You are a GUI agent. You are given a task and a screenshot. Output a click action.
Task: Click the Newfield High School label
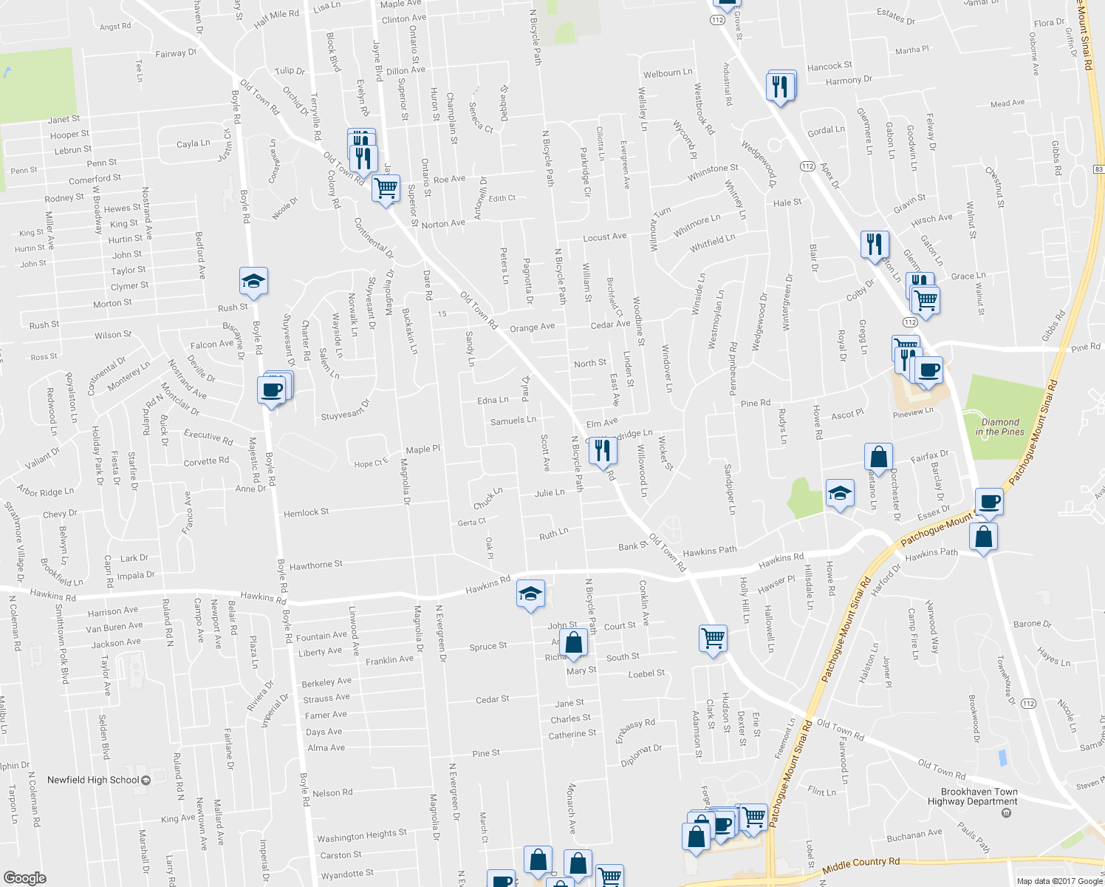click(93, 780)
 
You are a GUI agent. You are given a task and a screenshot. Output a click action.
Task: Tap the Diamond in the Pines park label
click(1000, 426)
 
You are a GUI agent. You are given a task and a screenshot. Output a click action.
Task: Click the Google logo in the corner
click(24, 877)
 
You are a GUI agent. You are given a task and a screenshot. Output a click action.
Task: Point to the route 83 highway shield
click(1099, 169)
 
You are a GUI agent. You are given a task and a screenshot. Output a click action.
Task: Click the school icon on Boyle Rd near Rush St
click(253, 282)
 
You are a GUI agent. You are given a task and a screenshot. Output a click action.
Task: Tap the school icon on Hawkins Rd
click(530, 594)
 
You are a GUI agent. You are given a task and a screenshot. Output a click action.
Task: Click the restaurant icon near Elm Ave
click(603, 450)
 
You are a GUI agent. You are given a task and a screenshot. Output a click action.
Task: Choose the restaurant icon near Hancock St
click(780, 86)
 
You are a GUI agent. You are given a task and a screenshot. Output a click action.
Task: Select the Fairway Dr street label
click(176, 53)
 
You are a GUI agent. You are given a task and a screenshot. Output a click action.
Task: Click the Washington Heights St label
click(362, 835)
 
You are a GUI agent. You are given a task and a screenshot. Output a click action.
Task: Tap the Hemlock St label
click(306, 512)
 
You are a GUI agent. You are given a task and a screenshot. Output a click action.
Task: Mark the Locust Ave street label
click(604, 237)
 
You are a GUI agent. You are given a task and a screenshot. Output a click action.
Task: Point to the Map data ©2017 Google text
click(1059, 880)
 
